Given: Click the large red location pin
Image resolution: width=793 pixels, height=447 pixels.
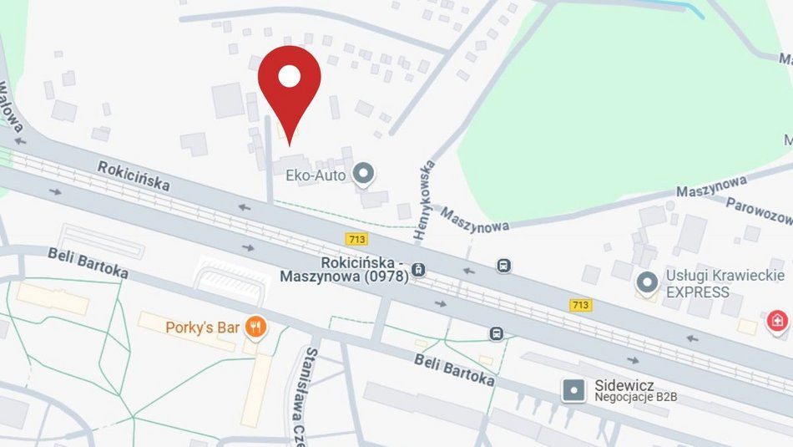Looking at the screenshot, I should [x=289, y=84].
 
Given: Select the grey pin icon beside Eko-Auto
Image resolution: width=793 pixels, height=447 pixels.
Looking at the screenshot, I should [x=363, y=175].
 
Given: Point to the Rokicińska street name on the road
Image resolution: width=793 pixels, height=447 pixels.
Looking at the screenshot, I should [x=134, y=175].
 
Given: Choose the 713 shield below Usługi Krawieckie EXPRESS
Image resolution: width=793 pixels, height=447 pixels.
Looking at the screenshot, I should [x=580, y=305].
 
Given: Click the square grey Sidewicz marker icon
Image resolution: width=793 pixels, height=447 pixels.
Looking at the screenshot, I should [x=574, y=389].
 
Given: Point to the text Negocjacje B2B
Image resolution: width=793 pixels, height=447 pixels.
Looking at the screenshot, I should [x=635, y=397].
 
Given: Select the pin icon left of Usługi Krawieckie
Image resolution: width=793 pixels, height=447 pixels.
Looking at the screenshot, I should [x=646, y=283].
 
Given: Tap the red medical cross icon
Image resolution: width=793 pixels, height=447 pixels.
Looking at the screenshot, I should [x=777, y=321].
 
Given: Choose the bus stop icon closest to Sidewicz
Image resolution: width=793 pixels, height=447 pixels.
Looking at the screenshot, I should [x=497, y=333].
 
